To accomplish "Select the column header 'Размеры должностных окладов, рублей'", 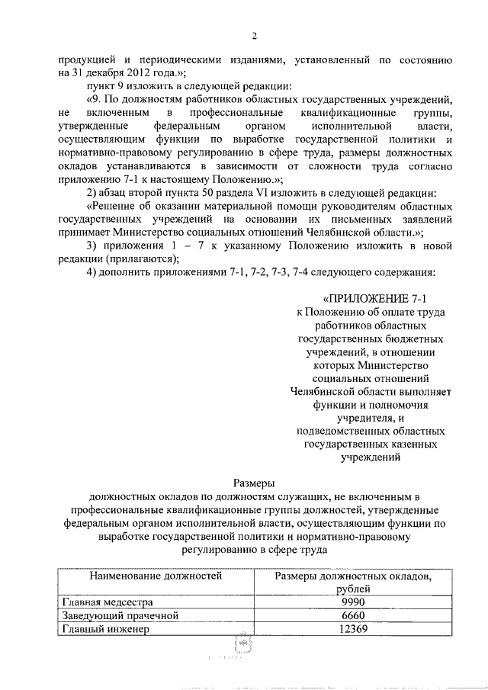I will point(352,582).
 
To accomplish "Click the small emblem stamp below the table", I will point(245,646).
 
